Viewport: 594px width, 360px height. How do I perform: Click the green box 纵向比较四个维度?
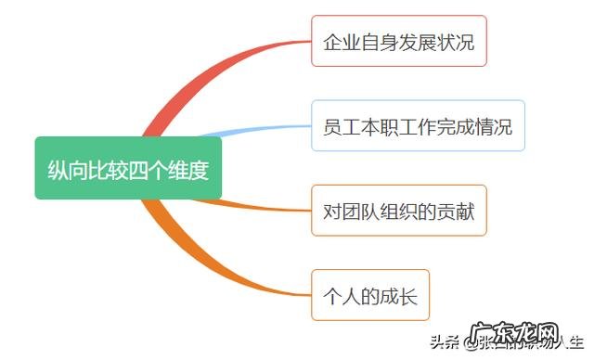point(128,169)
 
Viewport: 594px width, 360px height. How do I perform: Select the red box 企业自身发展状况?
point(399,41)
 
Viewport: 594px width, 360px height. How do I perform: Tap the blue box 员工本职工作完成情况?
point(418,126)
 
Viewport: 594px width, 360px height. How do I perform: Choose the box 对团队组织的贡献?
point(399,211)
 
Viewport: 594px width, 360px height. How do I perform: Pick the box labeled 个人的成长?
point(370,296)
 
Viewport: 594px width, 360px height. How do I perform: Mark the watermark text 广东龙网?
point(528,336)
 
